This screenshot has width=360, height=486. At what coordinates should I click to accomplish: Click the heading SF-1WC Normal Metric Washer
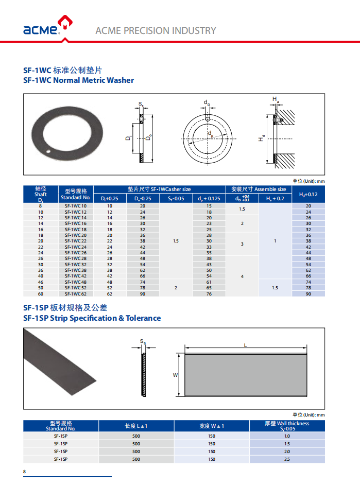pos(78,80)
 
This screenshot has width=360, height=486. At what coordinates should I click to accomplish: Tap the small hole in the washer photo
pos(47,152)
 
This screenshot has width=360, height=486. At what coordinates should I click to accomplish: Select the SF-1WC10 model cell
pos(76,206)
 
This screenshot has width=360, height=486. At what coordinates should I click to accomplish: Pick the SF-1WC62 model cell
pos(76,294)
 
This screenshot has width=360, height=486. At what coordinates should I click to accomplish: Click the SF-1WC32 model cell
pos(76,264)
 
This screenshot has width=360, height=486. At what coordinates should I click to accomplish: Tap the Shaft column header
pos(41,194)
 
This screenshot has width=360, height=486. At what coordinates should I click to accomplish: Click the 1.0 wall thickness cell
pos(287,436)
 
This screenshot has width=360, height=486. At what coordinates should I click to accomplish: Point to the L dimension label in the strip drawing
pos(245,346)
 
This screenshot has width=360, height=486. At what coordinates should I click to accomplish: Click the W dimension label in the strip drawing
pos(175,375)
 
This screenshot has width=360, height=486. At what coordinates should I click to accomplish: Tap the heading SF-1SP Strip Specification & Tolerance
pos(92,318)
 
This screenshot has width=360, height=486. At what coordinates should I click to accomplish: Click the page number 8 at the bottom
pos(24,472)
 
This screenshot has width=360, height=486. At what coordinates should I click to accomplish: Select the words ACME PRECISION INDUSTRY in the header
pos(156,30)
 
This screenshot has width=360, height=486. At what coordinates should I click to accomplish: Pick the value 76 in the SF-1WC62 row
pos(209,294)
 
